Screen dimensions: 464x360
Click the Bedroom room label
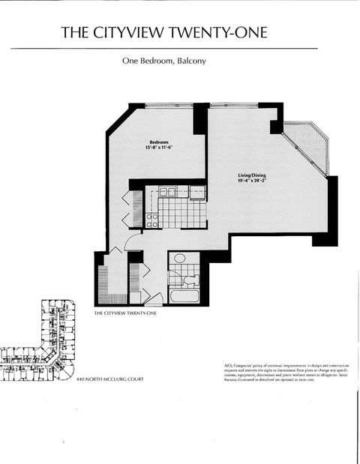point(158,142)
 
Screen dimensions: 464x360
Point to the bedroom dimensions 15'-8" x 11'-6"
point(158,148)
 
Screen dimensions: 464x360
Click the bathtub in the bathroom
point(183,295)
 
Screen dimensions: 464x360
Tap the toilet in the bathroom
point(190,279)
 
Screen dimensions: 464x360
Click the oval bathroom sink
point(179,259)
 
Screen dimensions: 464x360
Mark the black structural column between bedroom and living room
point(200,118)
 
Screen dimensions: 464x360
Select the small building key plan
point(37,341)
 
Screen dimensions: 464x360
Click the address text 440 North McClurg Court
point(109,379)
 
